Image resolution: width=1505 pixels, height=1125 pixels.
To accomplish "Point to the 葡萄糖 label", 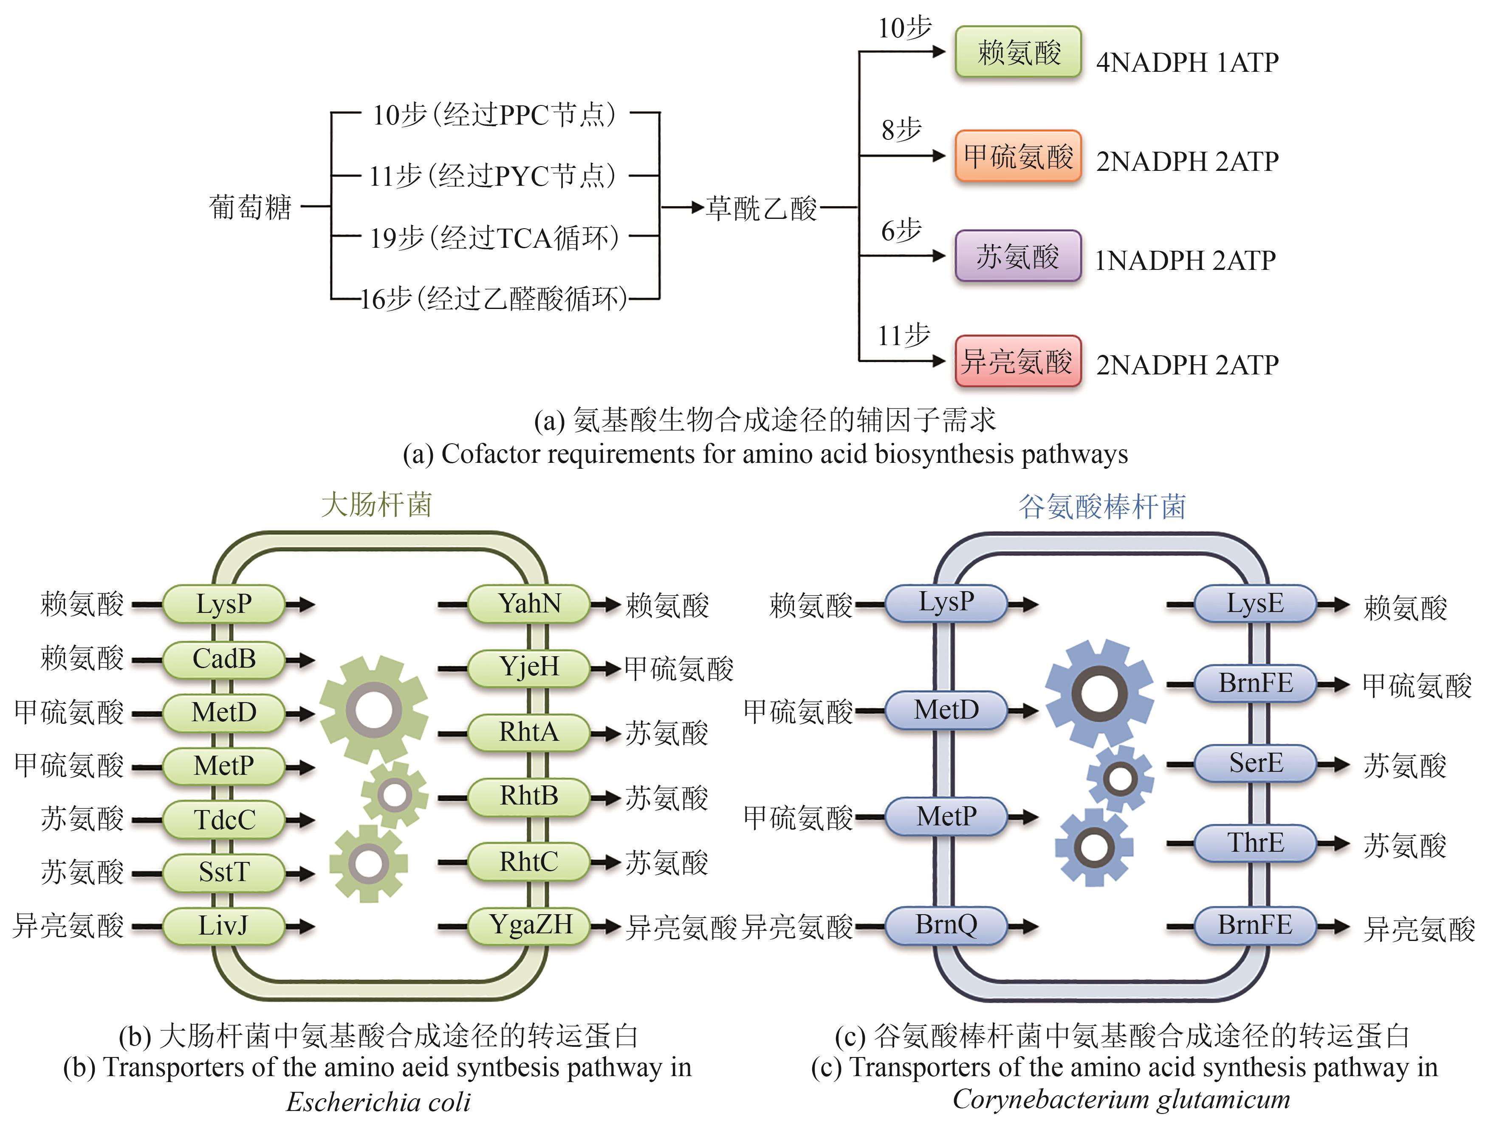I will pyautogui.click(x=250, y=207).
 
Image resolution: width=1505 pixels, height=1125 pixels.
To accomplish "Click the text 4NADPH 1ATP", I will pyautogui.click(x=1187, y=62).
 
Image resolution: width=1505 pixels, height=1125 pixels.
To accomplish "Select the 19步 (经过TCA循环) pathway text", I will pyautogui.click(x=494, y=238).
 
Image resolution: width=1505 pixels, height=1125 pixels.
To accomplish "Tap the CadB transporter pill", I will pyautogui.click(x=224, y=659).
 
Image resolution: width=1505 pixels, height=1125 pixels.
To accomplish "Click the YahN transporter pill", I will pyautogui.click(x=529, y=604).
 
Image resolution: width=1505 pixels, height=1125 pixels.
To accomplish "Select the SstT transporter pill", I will pyautogui.click(x=224, y=872).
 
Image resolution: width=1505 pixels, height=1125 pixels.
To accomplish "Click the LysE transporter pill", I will pyautogui.click(x=1255, y=604).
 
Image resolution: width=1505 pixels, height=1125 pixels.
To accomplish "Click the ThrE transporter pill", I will pyautogui.click(x=1255, y=843).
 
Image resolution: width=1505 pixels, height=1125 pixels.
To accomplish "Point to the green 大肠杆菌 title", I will pyautogui.click(x=376, y=505).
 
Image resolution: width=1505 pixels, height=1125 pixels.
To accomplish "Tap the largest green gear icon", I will pyautogui.click(x=373, y=710).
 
